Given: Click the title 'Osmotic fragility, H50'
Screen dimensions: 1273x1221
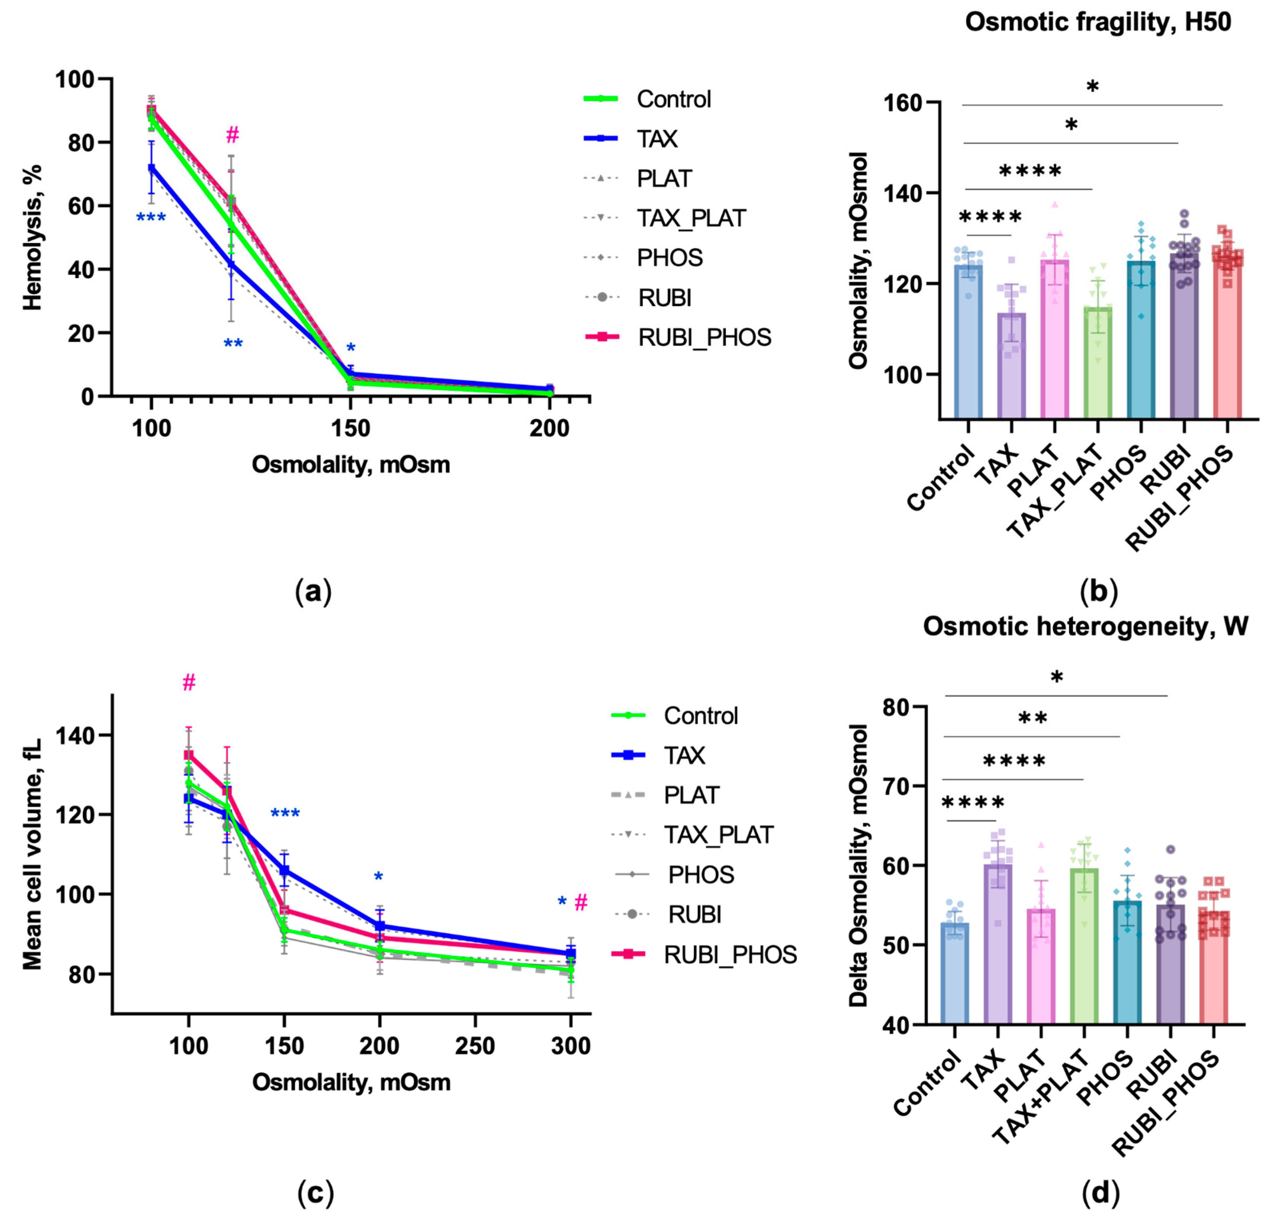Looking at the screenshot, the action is pos(1098,23).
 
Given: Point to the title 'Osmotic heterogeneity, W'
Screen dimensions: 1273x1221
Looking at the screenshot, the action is pos(1085,627).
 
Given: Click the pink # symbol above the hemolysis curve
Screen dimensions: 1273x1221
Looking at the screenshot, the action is pos(233,135).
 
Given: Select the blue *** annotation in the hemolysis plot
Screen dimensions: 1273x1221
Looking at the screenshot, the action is pos(151,218).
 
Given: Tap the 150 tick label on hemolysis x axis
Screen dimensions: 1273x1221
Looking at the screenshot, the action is pos(351,429).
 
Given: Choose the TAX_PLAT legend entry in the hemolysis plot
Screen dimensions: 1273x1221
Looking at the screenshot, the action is pos(665,218).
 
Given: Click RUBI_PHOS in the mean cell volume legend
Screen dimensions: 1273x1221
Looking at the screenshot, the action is pos(704,955).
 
